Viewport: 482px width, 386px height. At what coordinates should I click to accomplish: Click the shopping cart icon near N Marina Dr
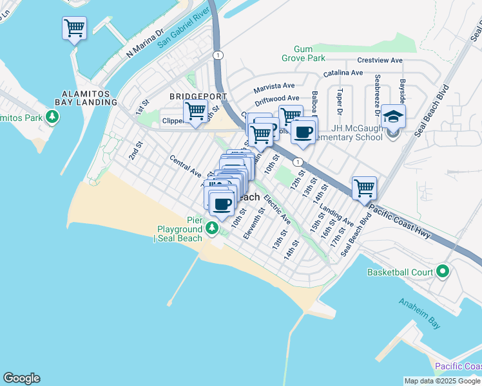(74, 28)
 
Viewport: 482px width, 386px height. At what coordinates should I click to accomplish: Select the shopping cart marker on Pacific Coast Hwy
(364, 188)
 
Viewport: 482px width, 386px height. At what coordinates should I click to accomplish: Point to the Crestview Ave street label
(380, 60)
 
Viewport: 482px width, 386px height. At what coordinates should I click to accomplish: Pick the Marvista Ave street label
(274, 85)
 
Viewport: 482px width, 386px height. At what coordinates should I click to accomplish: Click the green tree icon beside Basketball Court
(443, 271)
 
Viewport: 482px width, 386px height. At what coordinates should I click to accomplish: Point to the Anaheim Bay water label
(419, 313)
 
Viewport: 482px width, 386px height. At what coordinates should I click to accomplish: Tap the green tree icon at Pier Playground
(212, 228)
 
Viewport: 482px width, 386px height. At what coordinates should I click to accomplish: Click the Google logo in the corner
(21, 378)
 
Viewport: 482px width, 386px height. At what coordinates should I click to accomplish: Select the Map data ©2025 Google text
(441, 381)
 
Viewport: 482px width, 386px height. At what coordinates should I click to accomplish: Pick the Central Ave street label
(186, 165)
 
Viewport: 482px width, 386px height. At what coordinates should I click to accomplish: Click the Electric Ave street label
(277, 210)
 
